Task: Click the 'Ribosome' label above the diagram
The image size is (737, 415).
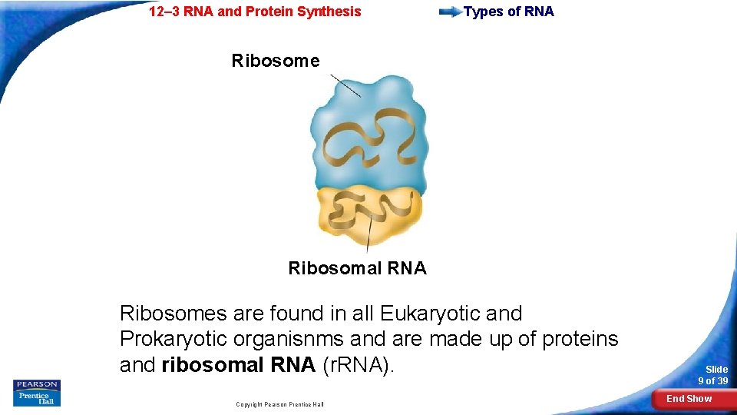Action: click(276, 61)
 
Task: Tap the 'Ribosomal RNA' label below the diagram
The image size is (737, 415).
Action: click(357, 268)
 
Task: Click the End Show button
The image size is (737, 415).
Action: click(689, 399)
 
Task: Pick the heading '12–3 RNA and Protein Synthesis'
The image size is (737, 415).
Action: click(254, 12)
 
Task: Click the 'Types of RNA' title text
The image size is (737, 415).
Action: click(508, 12)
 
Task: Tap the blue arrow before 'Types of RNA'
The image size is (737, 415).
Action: click(449, 12)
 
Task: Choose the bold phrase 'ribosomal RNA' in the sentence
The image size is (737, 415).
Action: click(239, 364)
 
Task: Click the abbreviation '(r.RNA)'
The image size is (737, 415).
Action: click(359, 364)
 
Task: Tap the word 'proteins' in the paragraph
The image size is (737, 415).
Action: click(580, 339)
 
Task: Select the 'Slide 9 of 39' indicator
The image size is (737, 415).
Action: click(712, 375)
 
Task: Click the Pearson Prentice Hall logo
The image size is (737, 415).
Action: click(37, 393)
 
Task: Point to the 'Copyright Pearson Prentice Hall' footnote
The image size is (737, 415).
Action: click(279, 404)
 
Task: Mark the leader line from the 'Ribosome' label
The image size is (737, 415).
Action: click(345, 85)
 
